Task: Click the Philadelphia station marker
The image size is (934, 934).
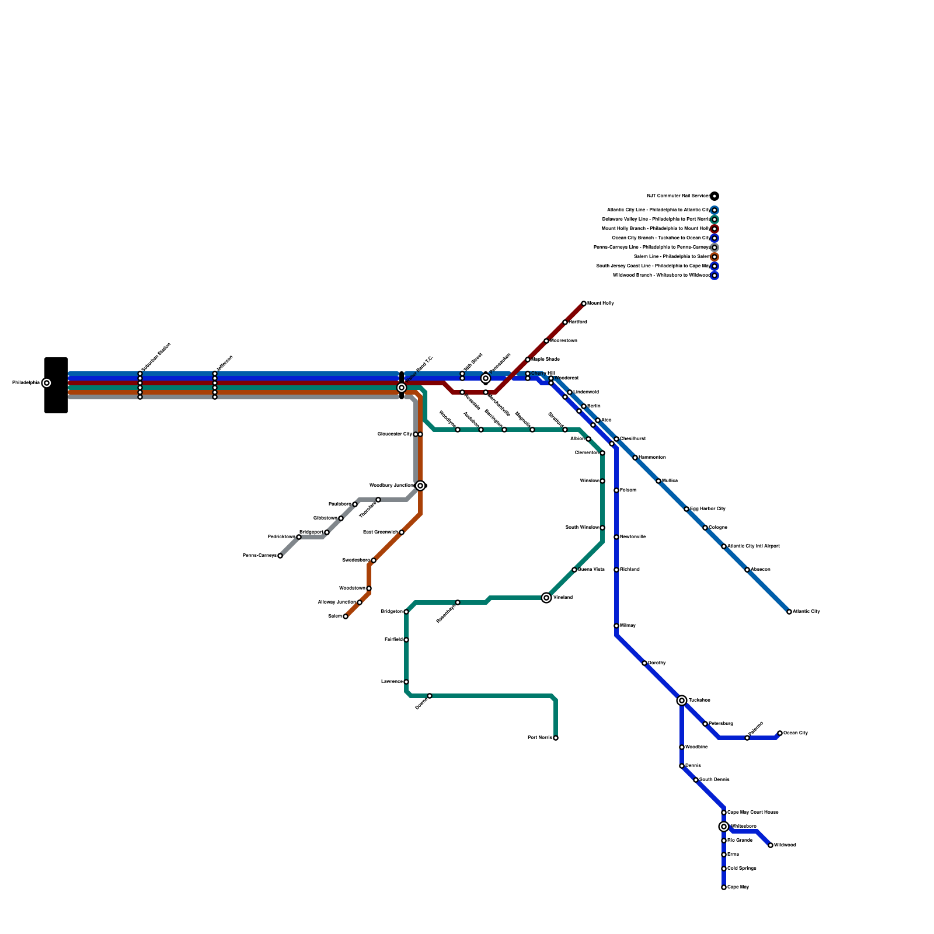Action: [47, 383]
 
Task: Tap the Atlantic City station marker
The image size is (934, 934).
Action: [789, 612]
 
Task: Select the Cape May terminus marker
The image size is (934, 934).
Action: [724, 887]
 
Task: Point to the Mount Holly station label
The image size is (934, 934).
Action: [600, 304]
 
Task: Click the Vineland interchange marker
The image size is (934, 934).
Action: [546, 598]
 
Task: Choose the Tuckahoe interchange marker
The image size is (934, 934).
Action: [682, 700]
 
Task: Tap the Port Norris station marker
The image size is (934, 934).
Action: [556, 738]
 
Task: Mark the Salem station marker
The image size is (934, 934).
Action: [346, 616]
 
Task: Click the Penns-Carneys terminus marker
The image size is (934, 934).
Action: [280, 556]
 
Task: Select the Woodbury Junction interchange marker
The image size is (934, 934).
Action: [420, 486]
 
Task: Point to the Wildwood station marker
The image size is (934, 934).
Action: [771, 845]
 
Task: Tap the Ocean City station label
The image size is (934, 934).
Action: [796, 733]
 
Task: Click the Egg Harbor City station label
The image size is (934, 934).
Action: [708, 509]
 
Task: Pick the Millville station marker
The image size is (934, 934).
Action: [616, 626]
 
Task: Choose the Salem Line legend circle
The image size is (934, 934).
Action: [715, 257]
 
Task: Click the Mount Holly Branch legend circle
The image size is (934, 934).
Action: [715, 229]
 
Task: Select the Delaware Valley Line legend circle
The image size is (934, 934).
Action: [715, 219]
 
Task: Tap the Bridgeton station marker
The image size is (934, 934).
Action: [406, 612]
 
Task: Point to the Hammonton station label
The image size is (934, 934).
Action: [652, 458]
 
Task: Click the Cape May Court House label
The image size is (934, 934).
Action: [752, 813]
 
